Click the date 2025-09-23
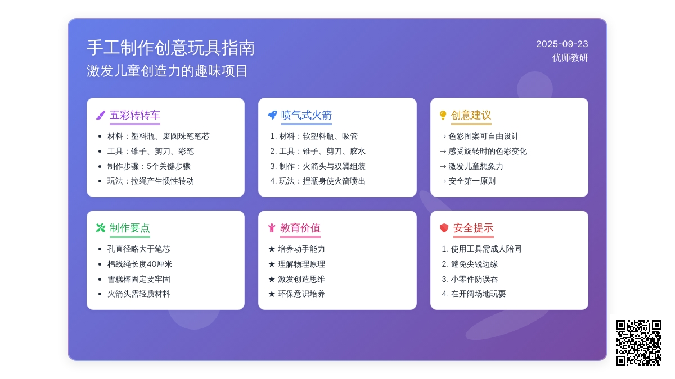pyautogui.click(x=562, y=44)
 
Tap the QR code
pyautogui.click(x=638, y=343)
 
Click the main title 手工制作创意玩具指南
pyautogui.click(x=171, y=48)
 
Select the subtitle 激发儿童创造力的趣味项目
pyautogui.click(x=167, y=71)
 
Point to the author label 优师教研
pyautogui.click(x=570, y=58)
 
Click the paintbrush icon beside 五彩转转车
pyautogui.click(x=101, y=115)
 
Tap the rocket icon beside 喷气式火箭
pyautogui.click(x=272, y=115)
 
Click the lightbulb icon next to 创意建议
pyautogui.click(x=443, y=115)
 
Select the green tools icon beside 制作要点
pyautogui.click(x=101, y=228)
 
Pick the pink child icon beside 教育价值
pyautogui.click(x=272, y=228)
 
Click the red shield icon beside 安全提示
pyautogui.click(x=444, y=228)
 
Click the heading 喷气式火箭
pyautogui.click(x=307, y=115)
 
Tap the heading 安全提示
pyautogui.click(x=474, y=228)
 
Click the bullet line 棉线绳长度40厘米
pyautogui.click(x=140, y=264)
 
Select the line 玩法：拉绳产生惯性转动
pyautogui.click(x=151, y=181)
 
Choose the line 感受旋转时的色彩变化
pyautogui.click(x=488, y=151)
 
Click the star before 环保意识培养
pyautogui.click(x=272, y=294)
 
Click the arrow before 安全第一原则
pyautogui.click(x=443, y=181)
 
